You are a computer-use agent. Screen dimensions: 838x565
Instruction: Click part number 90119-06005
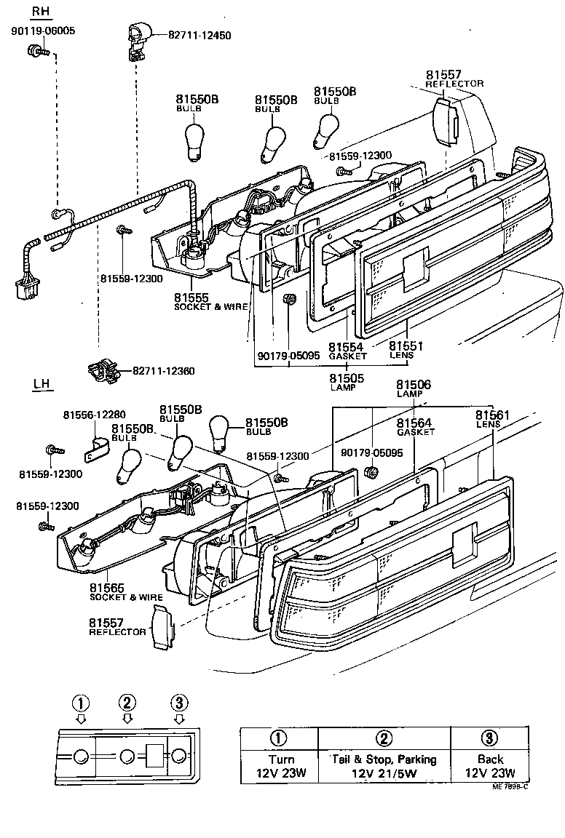pos(43,31)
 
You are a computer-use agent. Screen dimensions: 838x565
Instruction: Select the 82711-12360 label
pos(163,371)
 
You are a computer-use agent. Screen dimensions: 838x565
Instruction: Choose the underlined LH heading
pos(42,384)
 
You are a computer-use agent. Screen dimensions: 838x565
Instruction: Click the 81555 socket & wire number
pos(191,298)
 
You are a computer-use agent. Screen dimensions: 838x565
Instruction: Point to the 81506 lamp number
pos(413,385)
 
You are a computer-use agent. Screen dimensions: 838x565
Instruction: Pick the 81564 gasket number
pos(414,423)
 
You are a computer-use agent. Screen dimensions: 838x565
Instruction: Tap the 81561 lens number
pos(494,415)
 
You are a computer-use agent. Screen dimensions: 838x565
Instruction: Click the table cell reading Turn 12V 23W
pos(280,765)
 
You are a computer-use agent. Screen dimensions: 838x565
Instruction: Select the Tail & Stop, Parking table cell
pos(384,765)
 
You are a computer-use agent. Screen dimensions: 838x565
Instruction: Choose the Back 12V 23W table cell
pos(490,765)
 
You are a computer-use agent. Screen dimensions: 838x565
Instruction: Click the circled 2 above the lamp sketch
pos(127,703)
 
